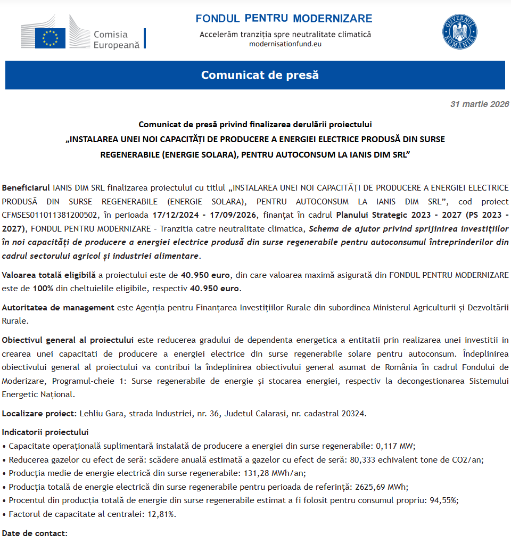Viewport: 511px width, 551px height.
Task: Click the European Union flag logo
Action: [50, 38]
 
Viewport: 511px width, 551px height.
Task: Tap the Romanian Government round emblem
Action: [460, 32]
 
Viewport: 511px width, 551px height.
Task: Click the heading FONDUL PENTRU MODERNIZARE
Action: [284, 19]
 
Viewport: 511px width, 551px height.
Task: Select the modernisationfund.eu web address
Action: [285, 44]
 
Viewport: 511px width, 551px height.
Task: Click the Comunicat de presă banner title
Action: [260, 75]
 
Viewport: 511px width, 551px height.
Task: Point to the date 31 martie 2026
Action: [479, 104]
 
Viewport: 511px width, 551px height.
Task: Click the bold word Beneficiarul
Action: [26, 188]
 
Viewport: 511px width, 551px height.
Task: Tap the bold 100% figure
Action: [43, 289]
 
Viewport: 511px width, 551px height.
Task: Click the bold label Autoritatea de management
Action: [58, 308]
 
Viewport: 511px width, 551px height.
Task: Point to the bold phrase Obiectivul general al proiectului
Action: [68, 340]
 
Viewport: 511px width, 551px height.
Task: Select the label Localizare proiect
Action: [39, 414]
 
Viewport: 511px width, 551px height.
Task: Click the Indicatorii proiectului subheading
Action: [45, 432]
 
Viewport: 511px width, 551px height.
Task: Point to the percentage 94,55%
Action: [444, 501]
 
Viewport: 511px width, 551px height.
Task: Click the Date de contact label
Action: [35, 533]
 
